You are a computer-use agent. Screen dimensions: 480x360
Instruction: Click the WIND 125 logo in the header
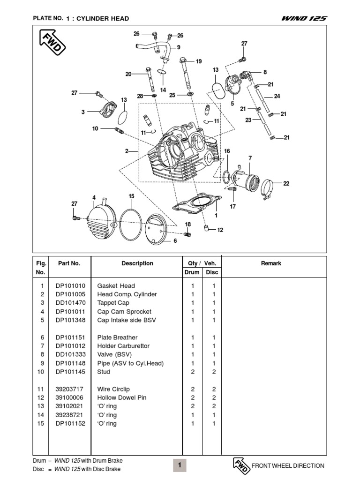click(x=304, y=18)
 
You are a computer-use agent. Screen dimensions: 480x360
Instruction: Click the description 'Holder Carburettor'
click(x=123, y=346)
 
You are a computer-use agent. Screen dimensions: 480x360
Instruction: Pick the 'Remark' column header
click(x=271, y=263)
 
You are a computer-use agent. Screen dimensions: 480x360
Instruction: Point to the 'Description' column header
click(x=137, y=263)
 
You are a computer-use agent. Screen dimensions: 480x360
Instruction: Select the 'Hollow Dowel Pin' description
click(x=122, y=397)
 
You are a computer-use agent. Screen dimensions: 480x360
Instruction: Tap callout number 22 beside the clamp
click(x=286, y=183)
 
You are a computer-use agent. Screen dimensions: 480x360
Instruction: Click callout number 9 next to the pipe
click(x=179, y=47)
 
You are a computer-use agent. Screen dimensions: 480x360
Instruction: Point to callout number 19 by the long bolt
click(x=199, y=61)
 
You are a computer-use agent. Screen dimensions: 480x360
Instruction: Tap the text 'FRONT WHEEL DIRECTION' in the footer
click(x=288, y=466)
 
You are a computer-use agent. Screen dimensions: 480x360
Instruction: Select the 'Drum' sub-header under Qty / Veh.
click(x=192, y=272)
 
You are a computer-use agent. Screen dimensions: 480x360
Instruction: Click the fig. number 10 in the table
click(x=42, y=372)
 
